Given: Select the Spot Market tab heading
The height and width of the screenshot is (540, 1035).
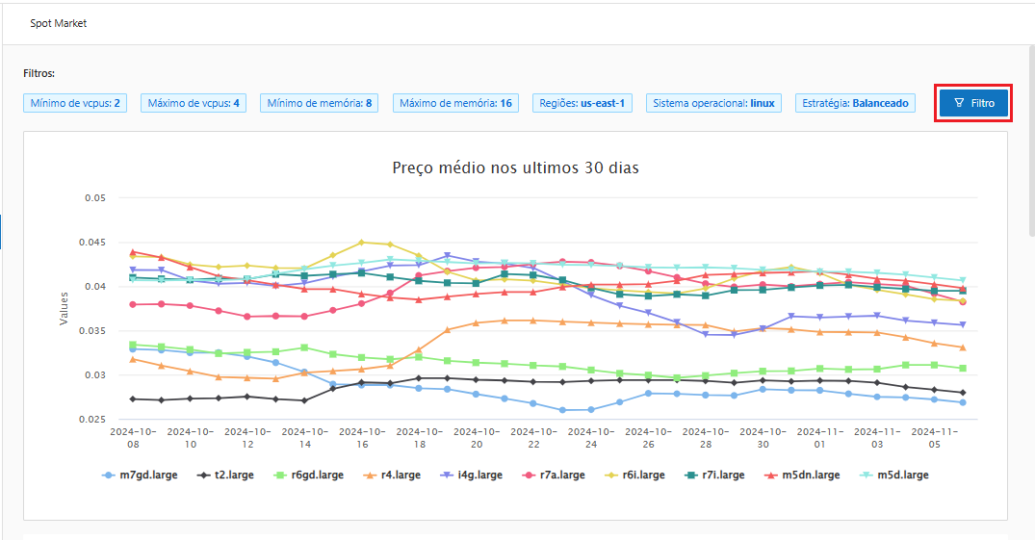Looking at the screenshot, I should click(59, 23).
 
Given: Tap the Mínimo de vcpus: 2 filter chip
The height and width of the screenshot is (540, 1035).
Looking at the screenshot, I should click(76, 103).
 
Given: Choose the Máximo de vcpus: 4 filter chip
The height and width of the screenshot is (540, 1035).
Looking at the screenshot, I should click(194, 103).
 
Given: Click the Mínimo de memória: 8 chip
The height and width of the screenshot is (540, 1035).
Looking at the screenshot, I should click(320, 103).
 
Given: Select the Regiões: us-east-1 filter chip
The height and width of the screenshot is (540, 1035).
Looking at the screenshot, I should click(582, 103).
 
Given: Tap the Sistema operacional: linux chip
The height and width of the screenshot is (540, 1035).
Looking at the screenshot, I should click(713, 103).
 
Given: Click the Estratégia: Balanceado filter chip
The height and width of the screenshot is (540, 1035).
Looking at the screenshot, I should click(855, 103).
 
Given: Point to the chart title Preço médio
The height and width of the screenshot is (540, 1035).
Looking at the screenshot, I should click(515, 167).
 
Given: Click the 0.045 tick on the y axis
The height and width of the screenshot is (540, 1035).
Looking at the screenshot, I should click(93, 243).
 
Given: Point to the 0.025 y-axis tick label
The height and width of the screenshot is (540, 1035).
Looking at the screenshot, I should click(93, 420).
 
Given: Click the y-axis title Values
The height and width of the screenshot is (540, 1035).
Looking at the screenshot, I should click(64, 309).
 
